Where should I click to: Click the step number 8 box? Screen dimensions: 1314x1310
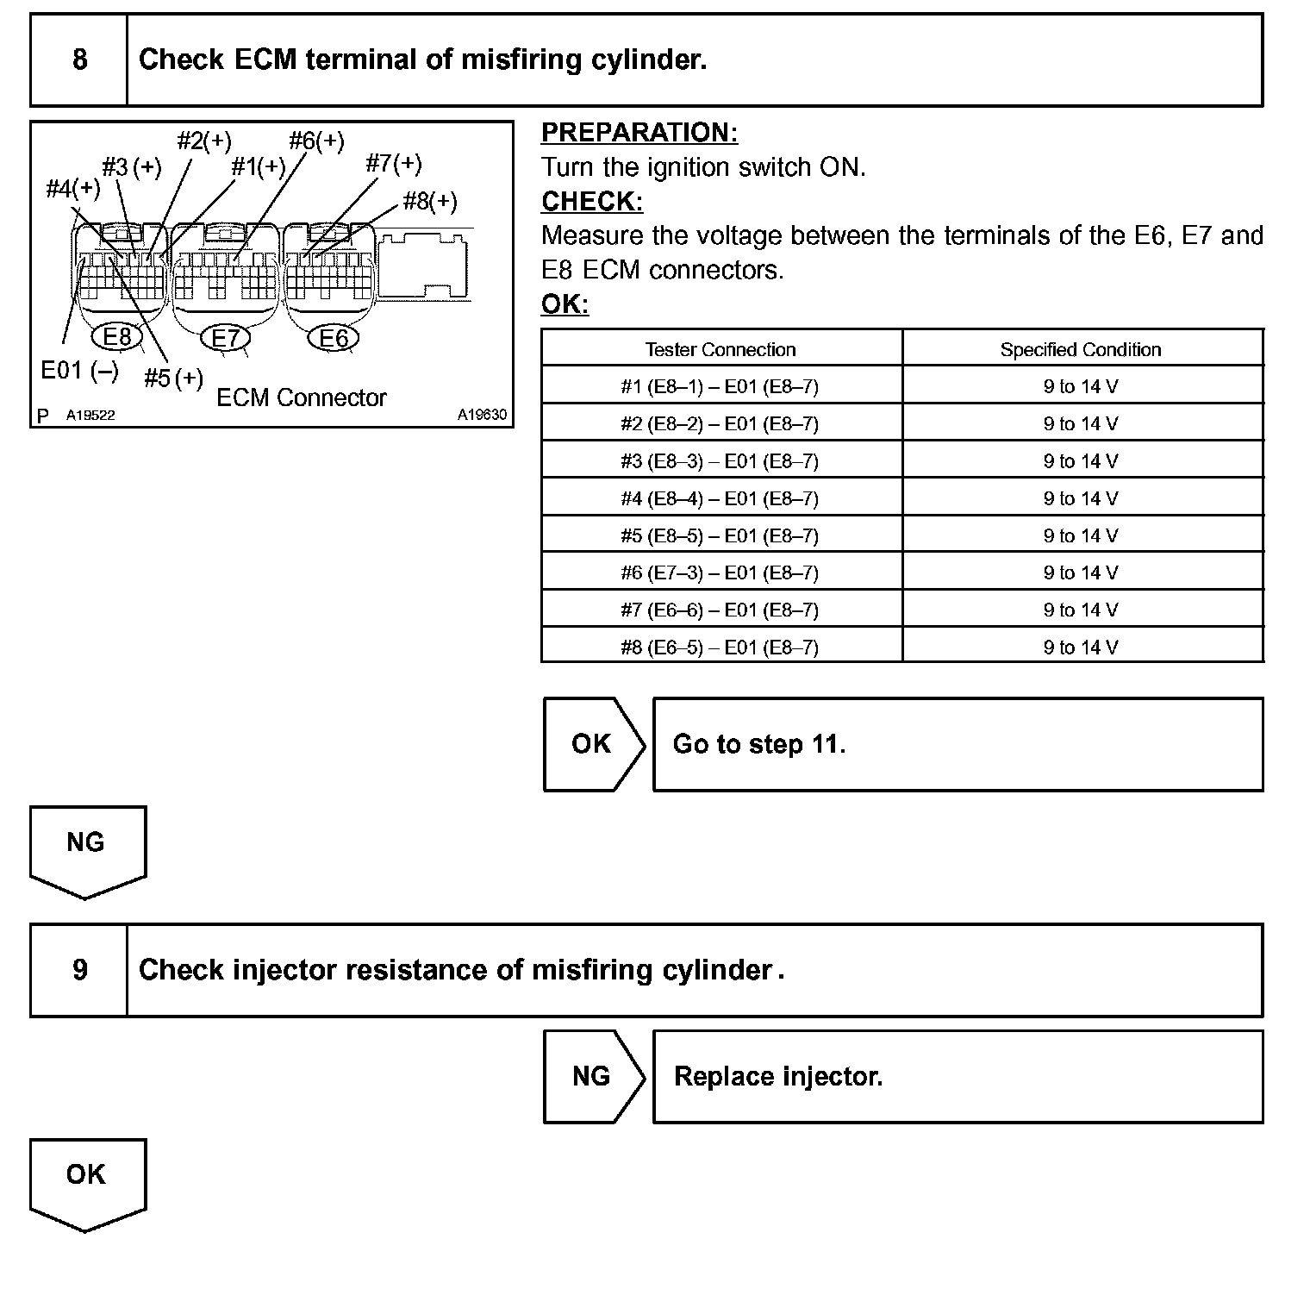tap(79, 59)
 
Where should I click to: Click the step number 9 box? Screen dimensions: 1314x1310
tap(79, 970)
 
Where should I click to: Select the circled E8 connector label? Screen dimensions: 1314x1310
tap(117, 336)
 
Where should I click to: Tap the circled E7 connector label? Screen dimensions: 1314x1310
tap(226, 338)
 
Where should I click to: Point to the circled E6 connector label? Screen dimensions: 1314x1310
tap(334, 338)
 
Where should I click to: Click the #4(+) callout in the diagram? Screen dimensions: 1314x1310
tap(72, 188)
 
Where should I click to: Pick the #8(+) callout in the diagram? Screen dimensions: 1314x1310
tap(430, 202)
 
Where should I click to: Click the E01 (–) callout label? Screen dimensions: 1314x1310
tap(79, 371)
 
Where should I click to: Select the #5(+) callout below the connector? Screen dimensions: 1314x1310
tap(173, 378)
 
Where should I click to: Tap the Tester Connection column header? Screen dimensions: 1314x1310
tap(720, 349)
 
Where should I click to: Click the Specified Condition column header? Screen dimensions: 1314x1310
tap(1081, 349)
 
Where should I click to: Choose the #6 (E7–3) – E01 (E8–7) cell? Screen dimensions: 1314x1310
tap(720, 573)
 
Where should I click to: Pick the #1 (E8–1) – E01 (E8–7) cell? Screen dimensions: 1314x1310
tap(720, 386)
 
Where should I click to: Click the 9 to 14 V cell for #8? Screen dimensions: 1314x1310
tap(1081, 648)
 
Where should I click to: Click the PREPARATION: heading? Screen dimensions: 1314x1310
tap(639, 133)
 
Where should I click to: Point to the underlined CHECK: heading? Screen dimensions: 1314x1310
tap(592, 202)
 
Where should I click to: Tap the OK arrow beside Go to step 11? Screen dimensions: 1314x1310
tap(592, 744)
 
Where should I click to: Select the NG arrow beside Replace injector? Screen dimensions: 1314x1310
tap(592, 1076)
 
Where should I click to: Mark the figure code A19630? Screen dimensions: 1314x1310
tap(482, 415)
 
